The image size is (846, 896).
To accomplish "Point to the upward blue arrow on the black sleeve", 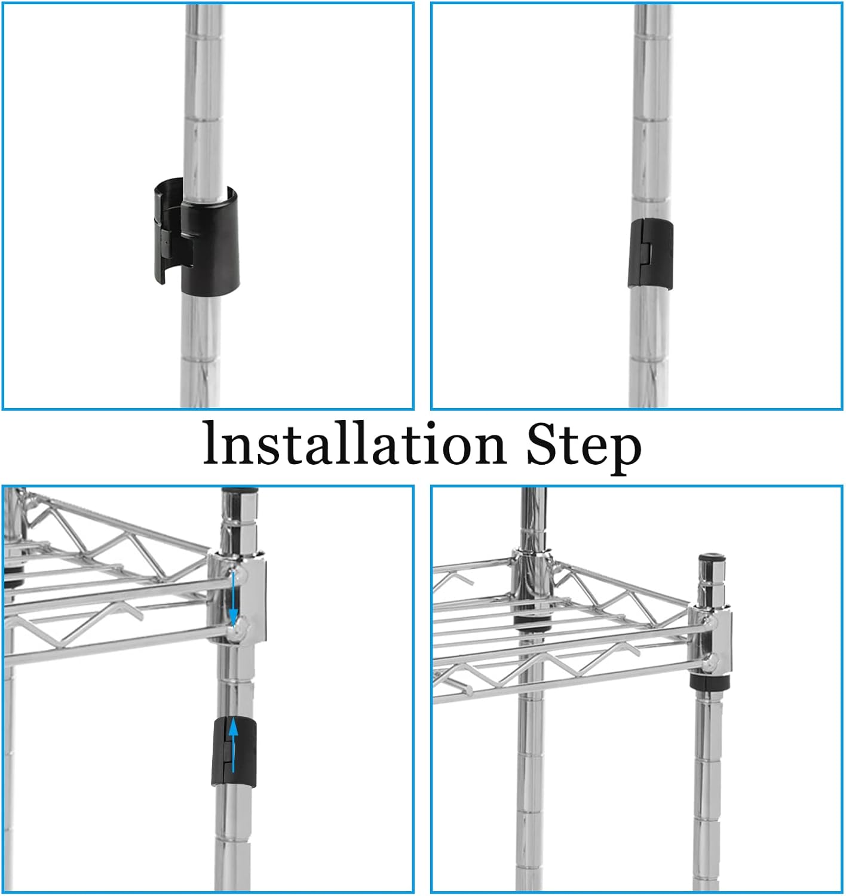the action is point(233,745).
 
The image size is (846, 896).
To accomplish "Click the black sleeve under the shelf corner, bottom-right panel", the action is point(710,682).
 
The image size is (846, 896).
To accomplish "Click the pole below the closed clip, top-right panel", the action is point(649,348).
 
